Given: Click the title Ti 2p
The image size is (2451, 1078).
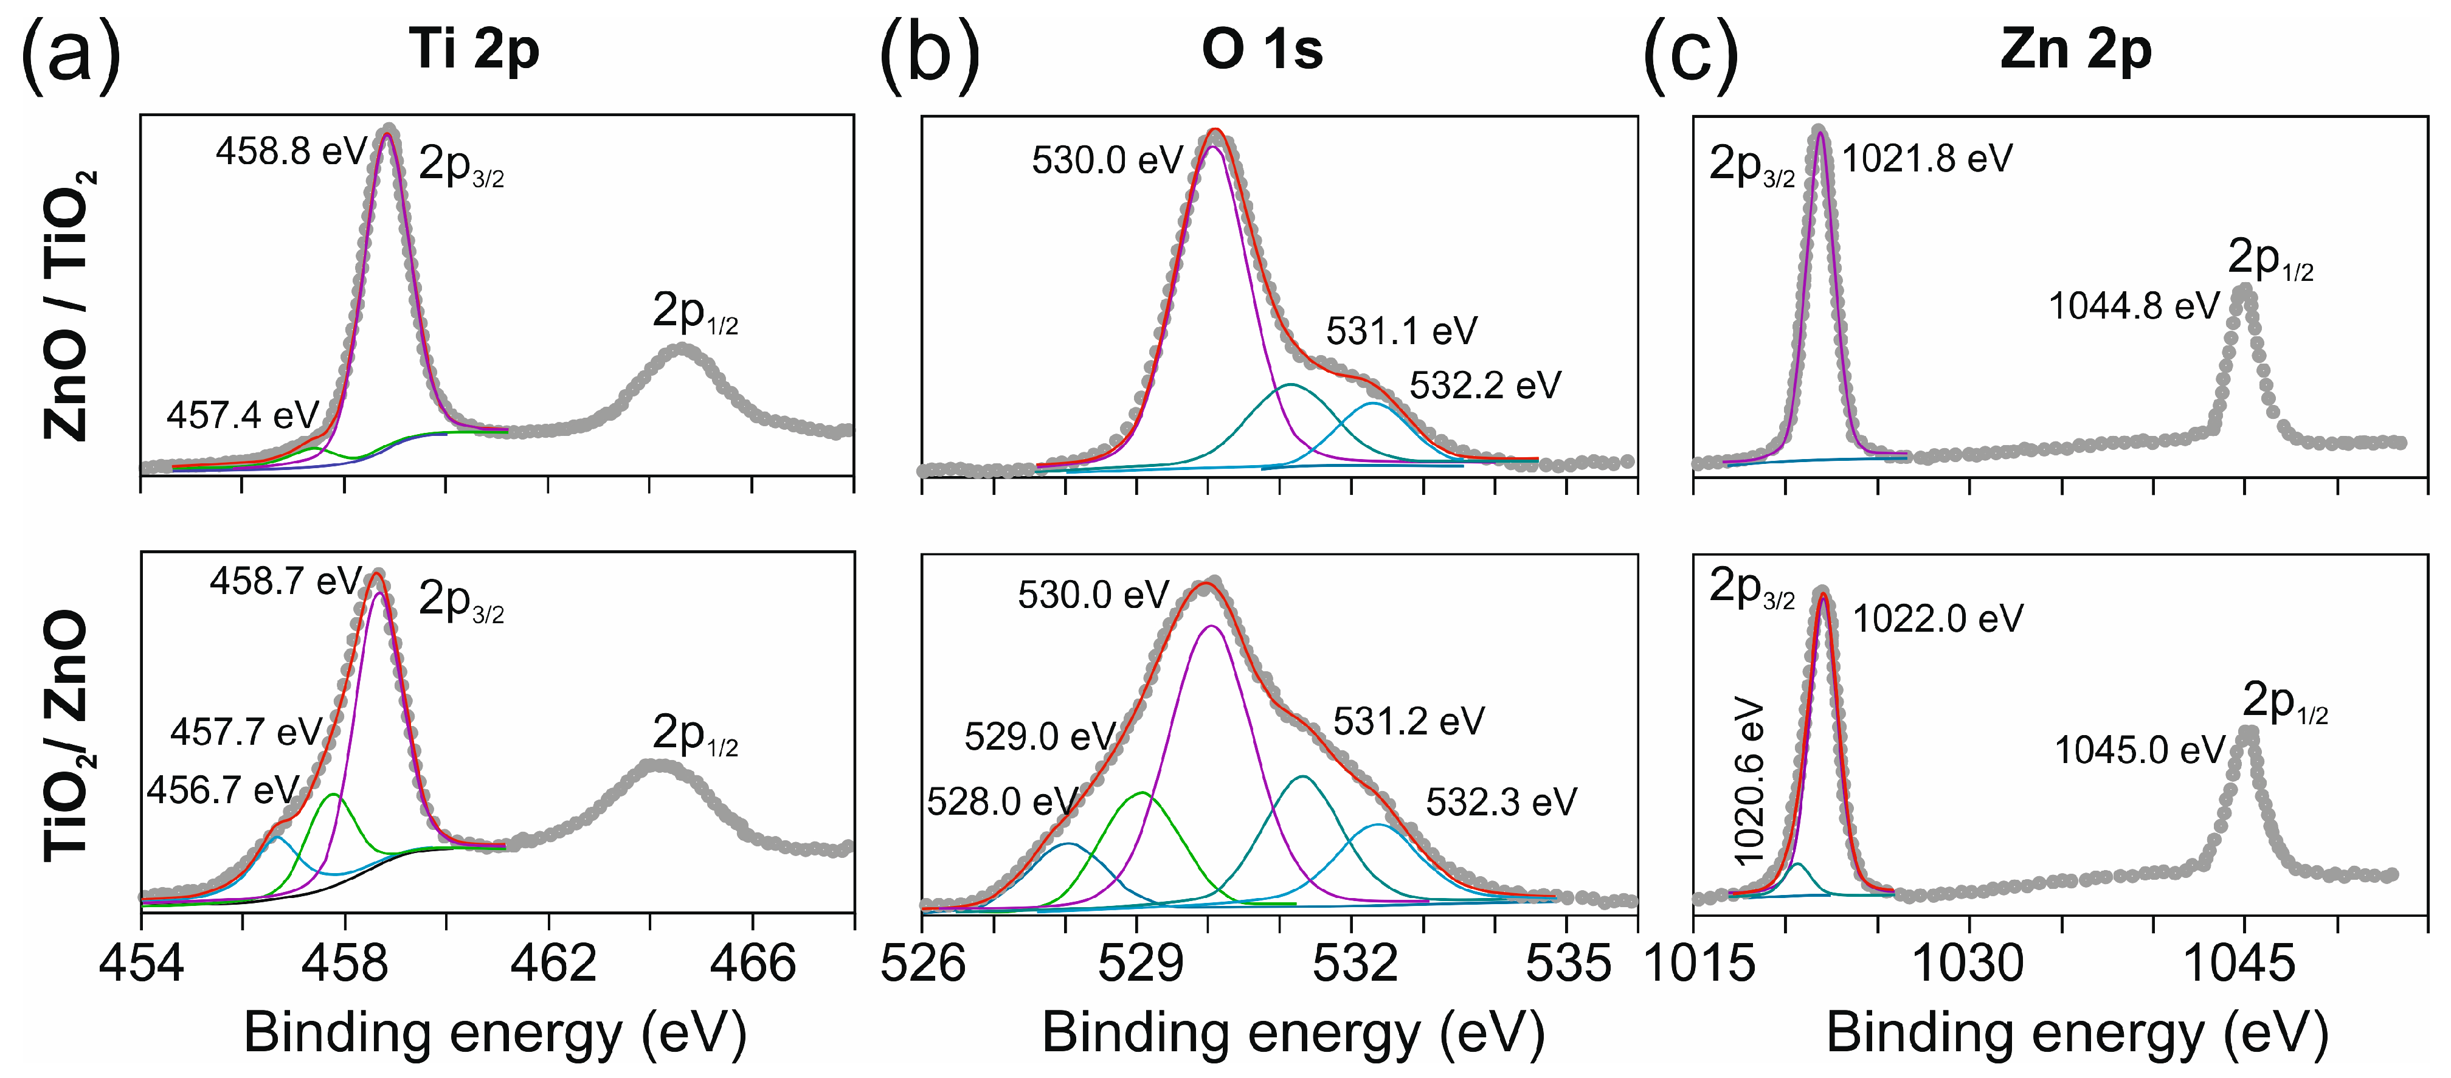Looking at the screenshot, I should coord(474,49).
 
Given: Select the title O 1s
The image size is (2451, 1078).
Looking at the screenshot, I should coord(1262,49).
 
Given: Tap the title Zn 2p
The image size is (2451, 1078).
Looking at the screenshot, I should coord(2075,49).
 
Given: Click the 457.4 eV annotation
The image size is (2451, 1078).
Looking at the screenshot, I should coord(243,416).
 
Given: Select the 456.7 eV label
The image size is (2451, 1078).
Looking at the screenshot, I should coord(223,790).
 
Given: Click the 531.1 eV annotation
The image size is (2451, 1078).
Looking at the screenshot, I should coord(1402,331).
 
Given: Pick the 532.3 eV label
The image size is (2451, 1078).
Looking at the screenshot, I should coord(1501,802).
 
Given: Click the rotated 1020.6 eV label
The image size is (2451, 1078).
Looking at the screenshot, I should coord(1749,782).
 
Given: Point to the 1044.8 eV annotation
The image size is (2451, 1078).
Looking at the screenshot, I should coord(2133,306).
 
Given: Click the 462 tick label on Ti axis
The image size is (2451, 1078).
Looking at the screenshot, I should coord(553,964).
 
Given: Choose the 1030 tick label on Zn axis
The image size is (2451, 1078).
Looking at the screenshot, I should coord(1968,964).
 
